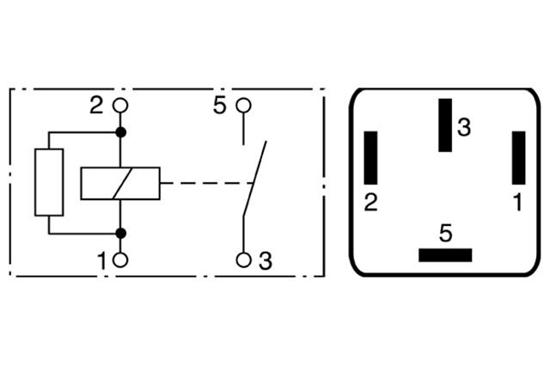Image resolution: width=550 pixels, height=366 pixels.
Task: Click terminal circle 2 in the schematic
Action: [120, 106]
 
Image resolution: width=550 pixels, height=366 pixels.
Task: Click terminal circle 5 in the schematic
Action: [243, 106]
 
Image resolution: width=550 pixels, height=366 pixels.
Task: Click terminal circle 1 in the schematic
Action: [120, 260]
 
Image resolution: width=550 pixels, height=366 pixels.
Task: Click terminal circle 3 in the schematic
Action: [243, 260]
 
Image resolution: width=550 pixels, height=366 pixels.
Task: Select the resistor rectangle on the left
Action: [49, 182]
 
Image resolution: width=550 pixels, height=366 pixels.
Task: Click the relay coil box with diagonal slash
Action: [120, 184]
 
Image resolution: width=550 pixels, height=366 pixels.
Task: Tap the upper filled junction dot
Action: [121, 132]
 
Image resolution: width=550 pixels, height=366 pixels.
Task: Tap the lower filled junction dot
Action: [121, 233]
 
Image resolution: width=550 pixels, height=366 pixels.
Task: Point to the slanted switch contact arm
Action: [254, 179]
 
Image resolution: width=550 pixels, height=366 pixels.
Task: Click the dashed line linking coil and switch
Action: [207, 183]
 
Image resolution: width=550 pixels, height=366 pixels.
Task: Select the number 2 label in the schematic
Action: [96, 105]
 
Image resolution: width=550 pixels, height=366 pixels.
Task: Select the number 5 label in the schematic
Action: [220, 105]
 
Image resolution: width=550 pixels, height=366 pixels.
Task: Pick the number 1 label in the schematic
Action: [101, 261]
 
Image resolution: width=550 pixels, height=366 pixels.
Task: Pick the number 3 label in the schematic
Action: [266, 261]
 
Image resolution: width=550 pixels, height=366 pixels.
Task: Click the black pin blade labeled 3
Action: [445, 125]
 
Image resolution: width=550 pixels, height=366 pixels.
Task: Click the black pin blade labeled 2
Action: [370, 158]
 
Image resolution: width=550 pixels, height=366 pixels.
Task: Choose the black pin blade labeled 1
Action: [519, 158]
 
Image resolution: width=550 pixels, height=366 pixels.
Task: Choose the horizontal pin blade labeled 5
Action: [445, 255]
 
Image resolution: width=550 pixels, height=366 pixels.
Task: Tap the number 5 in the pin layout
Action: [445, 234]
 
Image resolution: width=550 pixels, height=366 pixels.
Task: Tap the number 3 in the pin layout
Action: [464, 127]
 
